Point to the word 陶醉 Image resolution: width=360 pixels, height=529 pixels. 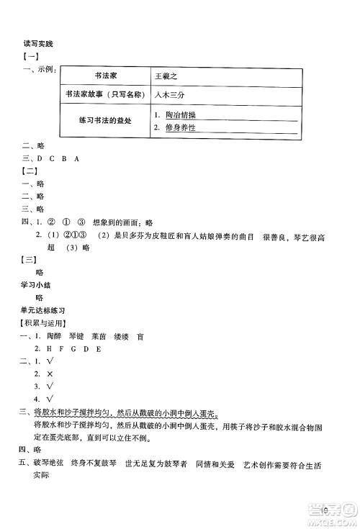tap(54, 336)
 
